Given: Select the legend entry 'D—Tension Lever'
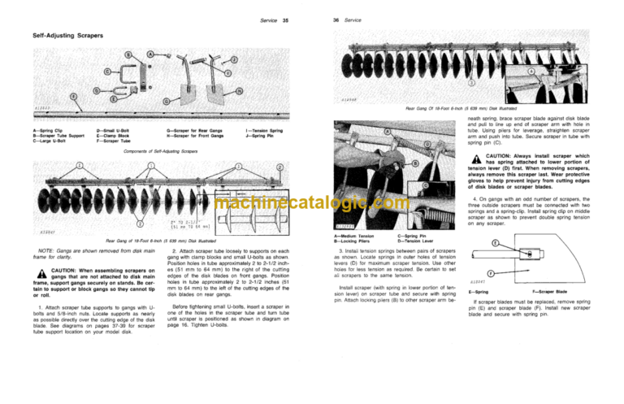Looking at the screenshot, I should (x=415, y=241).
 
